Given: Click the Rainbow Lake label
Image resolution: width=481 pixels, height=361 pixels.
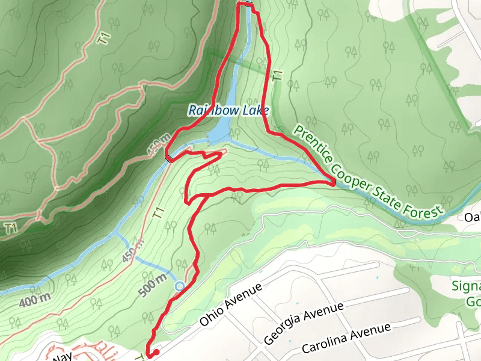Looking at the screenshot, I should (x=228, y=111).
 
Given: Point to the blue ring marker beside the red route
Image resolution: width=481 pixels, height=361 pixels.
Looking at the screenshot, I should (x=179, y=286).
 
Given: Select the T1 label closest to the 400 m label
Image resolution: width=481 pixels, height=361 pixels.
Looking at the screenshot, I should (x=10, y=227).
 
